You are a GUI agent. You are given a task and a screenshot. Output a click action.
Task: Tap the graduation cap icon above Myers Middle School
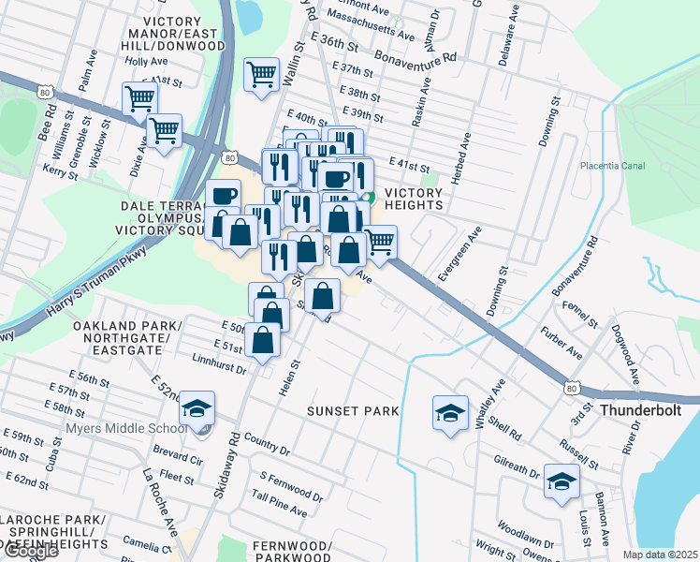(x=197, y=409)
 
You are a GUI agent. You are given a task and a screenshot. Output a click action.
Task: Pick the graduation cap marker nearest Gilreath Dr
(x=561, y=481)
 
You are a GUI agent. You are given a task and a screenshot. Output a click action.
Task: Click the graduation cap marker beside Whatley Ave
(x=450, y=412)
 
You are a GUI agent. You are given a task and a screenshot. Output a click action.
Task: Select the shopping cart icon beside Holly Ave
(x=139, y=96)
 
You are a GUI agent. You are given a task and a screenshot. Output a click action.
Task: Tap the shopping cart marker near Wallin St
(x=261, y=74)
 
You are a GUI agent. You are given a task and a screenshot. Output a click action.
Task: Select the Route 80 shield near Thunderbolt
(x=574, y=387)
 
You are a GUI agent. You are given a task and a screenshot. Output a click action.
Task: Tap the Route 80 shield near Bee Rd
(x=45, y=92)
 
